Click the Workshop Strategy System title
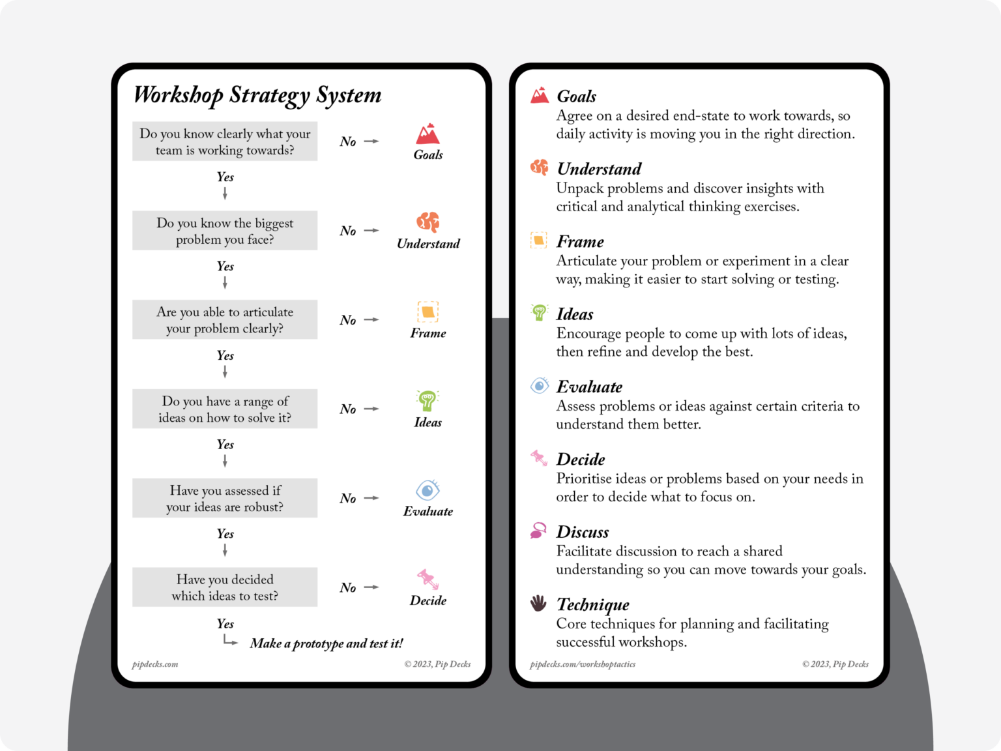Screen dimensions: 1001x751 (x=257, y=95)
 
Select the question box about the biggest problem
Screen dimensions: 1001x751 (x=225, y=231)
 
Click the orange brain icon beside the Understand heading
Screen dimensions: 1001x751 (x=540, y=168)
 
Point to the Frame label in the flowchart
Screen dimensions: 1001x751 (x=428, y=333)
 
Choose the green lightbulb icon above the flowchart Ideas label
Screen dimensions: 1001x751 (x=428, y=400)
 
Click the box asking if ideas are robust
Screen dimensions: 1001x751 (x=225, y=499)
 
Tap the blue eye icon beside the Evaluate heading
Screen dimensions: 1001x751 (x=540, y=386)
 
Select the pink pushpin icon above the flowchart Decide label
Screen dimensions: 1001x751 (x=428, y=579)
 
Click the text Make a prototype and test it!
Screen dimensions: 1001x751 (x=326, y=643)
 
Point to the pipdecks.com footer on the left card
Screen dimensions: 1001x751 (x=155, y=664)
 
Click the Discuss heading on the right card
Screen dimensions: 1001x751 (x=583, y=532)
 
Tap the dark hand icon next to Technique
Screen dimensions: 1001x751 (x=538, y=603)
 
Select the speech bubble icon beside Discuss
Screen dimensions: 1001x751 (x=538, y=531)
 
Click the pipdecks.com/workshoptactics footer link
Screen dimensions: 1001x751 (x=583, y=664)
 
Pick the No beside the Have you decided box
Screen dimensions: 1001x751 (x=348, y=588)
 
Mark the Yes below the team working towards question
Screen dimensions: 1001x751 (x=225, y=177)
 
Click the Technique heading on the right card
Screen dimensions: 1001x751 (x=593, y=605)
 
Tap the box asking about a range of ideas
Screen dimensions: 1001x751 (x=225, y=409)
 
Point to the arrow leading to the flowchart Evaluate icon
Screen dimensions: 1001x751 (x=371, y=498)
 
